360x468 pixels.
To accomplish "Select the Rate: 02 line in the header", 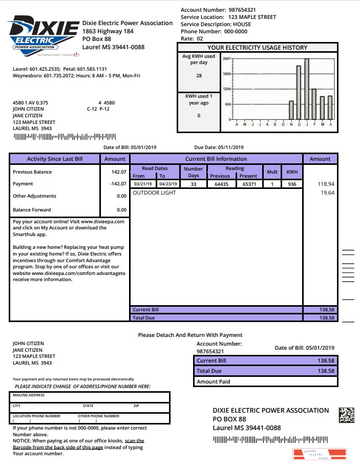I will (192, 38).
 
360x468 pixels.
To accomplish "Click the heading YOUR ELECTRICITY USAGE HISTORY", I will (257, 48).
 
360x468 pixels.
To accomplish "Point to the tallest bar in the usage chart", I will (307, 88).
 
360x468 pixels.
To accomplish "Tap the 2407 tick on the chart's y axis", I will (227, 59).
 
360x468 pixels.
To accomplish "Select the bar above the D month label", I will (299, 92).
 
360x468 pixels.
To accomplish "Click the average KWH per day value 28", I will (199, 76).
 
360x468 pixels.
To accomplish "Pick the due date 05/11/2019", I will (234, 147).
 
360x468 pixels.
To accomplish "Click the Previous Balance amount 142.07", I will (119, 172).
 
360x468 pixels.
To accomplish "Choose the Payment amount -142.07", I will (118, 184).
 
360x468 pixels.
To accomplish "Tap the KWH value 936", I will (292, 184).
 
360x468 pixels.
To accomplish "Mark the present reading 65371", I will (249, 184).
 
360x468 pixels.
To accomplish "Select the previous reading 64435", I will (220, 184).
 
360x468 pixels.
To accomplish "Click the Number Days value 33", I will (193, 184).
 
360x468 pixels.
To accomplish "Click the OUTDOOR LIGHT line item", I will (154, 193).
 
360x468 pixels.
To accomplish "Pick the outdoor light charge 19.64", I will (327, 193).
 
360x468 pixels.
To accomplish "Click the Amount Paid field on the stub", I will (266, 381).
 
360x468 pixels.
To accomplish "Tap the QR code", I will (347, 415).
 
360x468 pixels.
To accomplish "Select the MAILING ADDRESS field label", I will (29, 395).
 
